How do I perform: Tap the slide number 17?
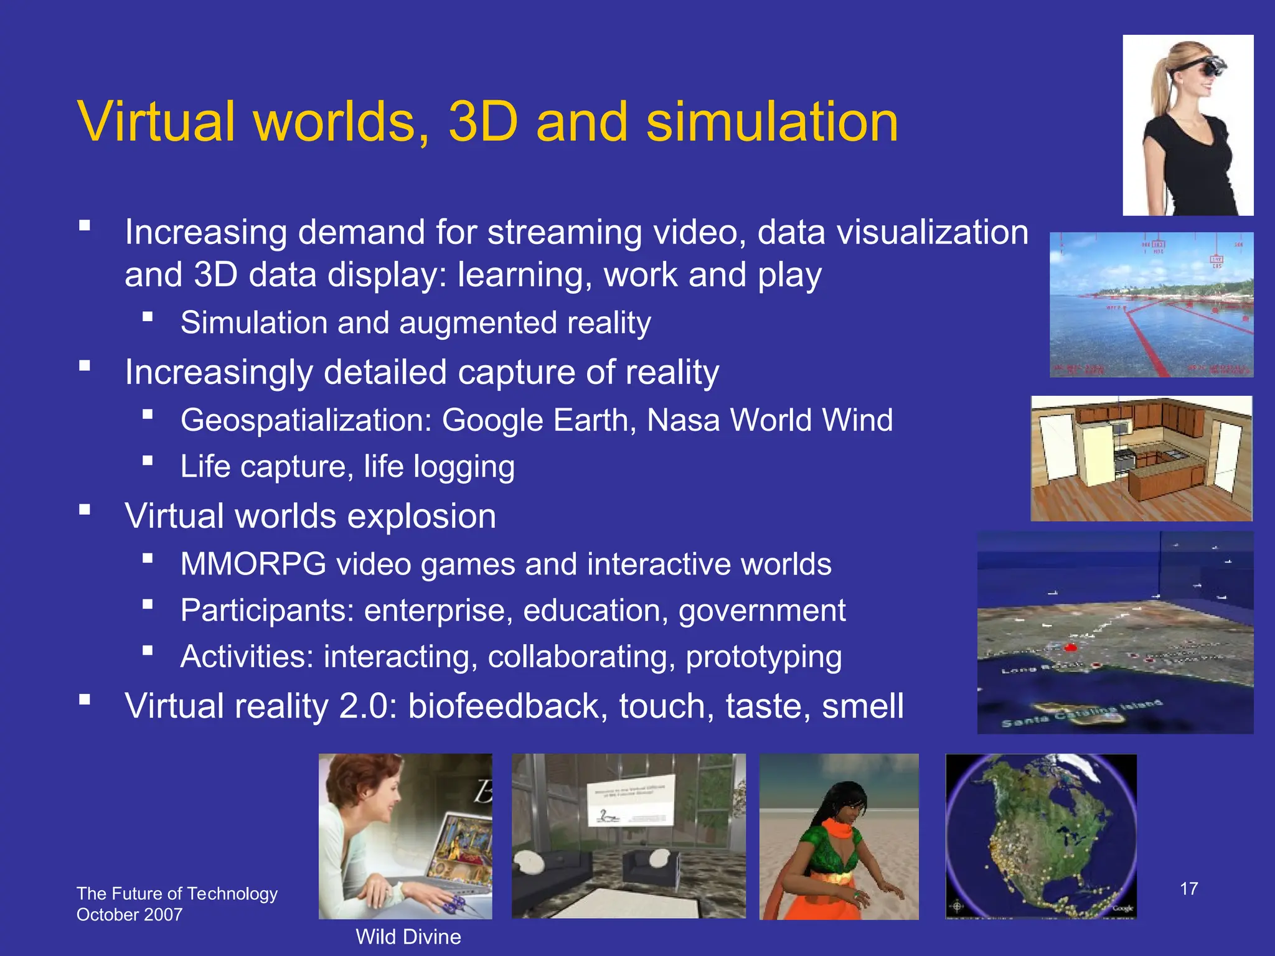(x=1188, y=889)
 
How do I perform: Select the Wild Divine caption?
(x=408, y=937)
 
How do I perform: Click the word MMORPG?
(x=253, y=565)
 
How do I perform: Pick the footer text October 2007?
(x=129, y=915)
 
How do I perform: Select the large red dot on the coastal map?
(x=1071, y=648)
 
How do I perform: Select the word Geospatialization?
(x=306, y=420)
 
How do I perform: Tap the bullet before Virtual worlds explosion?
(x=85, y=510)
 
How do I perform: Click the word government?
(x=762, y=611)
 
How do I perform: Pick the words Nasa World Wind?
(x=769, y=420)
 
